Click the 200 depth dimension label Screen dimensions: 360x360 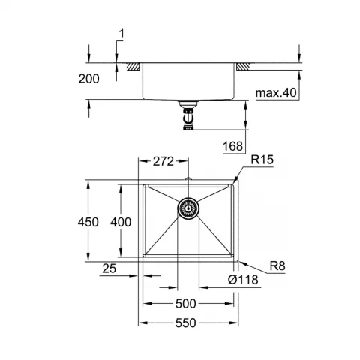(x=88, y=79)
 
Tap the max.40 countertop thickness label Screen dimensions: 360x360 (x=276, y=93)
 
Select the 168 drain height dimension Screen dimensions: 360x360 (x=232, y=146)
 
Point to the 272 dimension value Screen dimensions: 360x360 (x=163, y=161)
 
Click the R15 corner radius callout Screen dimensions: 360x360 (x=262, y=160)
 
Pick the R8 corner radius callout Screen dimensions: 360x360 (x=277, y=265)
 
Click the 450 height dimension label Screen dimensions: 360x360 (x=88, y=222)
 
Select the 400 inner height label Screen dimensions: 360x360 (x=121, y=222)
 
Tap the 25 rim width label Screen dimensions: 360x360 (x=109, y=268)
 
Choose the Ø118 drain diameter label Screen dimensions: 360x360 (x=243, y=280)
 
